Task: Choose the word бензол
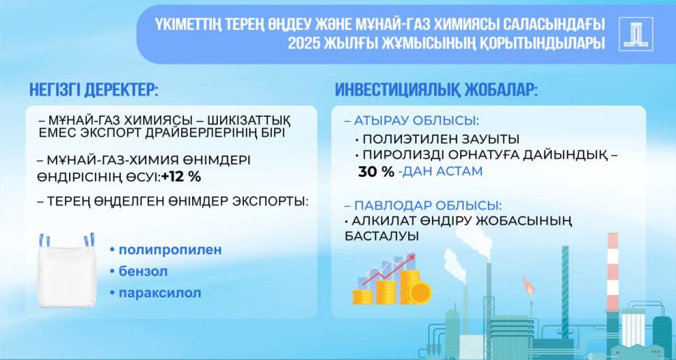pyautogui.click(x=138, y=271)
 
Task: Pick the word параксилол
pyautogui.click(x=154, y=292)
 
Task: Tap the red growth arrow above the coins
pyautogui.click(x=392, y=270)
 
